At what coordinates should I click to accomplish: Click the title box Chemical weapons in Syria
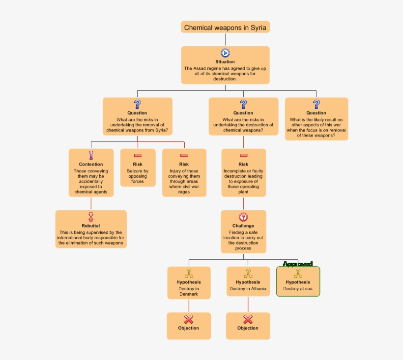pos(225,28)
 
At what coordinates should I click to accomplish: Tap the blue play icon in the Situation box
pos(225,53)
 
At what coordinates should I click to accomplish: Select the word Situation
pos(225,62)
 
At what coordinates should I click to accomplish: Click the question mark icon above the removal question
pos(137,104)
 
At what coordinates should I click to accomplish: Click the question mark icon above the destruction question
pos(243,104)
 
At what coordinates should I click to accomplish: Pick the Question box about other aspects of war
pos(316,119)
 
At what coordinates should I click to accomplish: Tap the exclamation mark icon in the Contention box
pos(91,155)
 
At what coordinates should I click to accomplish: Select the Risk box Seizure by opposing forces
pos(138,168)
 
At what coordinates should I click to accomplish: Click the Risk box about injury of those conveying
pos(184,173)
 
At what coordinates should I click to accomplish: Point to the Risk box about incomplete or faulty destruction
pos(243,173)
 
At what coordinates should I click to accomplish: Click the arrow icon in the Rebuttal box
pos(91,217)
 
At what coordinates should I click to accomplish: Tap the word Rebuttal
pos(91,226)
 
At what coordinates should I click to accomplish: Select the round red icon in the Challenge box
pos(243,217)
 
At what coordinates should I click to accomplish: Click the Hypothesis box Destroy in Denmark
pos(189,283)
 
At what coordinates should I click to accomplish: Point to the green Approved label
pos(298,264)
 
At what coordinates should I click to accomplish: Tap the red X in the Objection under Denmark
pos(189,320)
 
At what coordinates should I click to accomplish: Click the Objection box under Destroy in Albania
pos(248,326)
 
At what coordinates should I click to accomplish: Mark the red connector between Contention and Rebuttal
pos(91,203)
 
